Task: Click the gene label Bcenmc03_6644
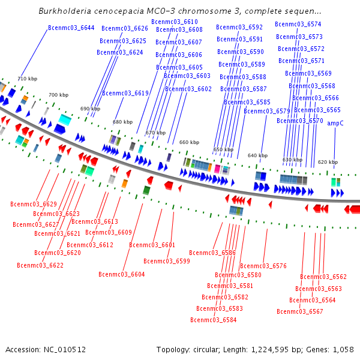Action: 71,28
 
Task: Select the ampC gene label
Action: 335,123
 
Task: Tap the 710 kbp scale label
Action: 28,79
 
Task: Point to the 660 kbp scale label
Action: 189,142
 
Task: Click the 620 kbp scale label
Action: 328,162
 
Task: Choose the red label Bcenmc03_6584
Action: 214,320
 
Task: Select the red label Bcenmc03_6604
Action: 122,274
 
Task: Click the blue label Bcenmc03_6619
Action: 125,93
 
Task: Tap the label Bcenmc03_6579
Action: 267,111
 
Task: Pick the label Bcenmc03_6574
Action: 298,24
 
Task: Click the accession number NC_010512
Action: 65,350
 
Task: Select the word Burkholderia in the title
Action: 65,11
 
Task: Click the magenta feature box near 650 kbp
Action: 217,169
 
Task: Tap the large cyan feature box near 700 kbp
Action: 65,119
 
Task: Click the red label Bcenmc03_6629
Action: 34,204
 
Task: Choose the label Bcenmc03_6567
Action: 300,311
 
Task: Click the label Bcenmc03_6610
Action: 175,22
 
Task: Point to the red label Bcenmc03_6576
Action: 263,266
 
